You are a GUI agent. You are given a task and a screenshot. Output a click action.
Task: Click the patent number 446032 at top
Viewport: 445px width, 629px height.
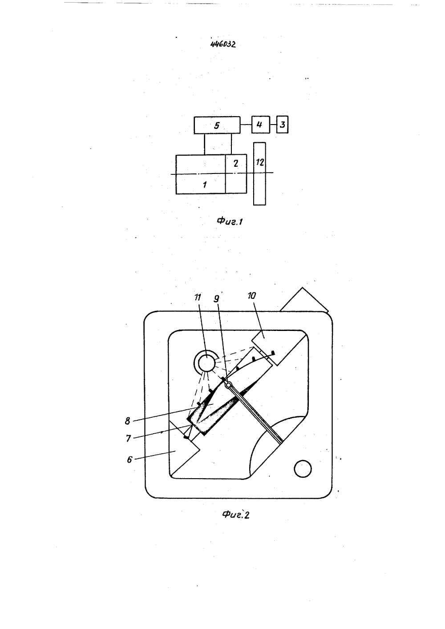coord(223,44)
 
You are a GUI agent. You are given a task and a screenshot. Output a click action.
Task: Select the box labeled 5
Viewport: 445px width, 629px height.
coord(217,125)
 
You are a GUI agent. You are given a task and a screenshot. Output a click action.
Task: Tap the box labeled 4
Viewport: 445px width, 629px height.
coord(260,125)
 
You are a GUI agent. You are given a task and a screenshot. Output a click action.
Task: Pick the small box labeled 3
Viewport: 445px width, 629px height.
coord(282,125)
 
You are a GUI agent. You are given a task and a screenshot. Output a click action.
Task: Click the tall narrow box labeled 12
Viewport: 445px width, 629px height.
coord(259,174)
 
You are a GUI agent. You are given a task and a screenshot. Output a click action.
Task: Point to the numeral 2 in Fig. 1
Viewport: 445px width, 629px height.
coord(236,163)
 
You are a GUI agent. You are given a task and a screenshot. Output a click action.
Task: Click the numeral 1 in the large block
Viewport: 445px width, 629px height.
coord(205,185)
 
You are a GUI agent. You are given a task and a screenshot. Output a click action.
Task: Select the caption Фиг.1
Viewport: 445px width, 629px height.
coord(230,222)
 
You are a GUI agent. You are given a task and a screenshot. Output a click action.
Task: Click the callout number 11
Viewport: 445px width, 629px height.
coord(198,297)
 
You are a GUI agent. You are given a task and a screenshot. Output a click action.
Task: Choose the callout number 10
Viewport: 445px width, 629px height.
coord(252,296)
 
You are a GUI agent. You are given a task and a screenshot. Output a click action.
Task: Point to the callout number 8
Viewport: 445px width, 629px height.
coord(128,421)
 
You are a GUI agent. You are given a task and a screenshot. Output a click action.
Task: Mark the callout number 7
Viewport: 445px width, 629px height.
coord(129,438)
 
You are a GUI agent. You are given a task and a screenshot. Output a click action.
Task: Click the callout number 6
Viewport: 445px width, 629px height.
coord(129,460)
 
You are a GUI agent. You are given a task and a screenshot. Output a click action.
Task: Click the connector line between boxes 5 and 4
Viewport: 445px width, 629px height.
coord(246,125)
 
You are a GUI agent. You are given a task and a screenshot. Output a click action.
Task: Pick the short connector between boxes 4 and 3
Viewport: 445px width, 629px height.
coord(273,125)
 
